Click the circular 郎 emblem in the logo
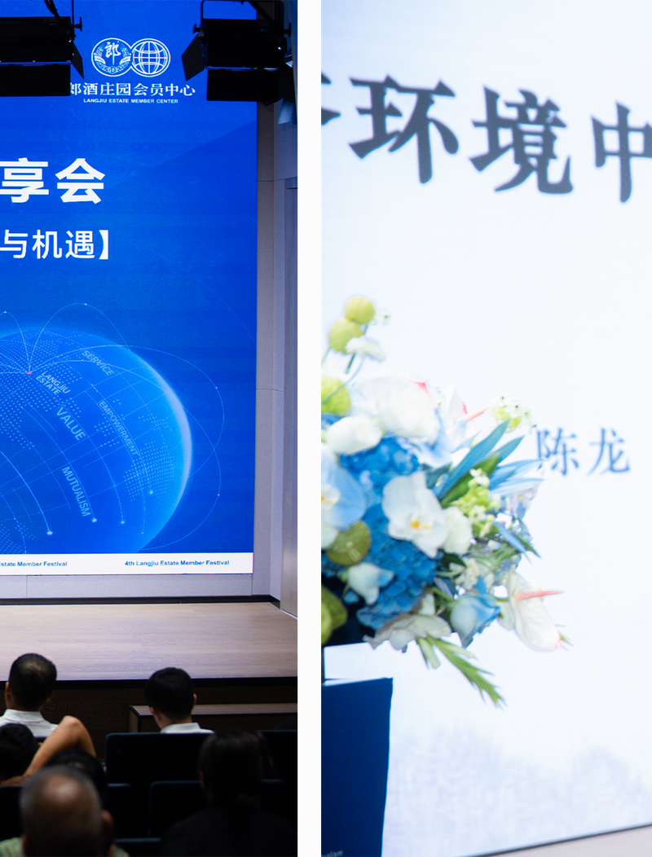tap(111, 57)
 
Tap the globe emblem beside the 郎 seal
tap(151, 57)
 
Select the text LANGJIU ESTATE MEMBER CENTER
tap(139, 99)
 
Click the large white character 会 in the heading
tap(80, 181)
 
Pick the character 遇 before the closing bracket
tap(80, 244)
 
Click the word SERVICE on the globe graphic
tap(98, 363)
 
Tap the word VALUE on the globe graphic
tap(72, 424)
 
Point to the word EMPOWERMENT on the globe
tap(119, 427)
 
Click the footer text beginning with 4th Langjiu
tap(177, 563)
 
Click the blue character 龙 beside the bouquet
tap(609, 452)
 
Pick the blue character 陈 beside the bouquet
tap(558, 450)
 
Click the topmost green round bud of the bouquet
tap(359, 310)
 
